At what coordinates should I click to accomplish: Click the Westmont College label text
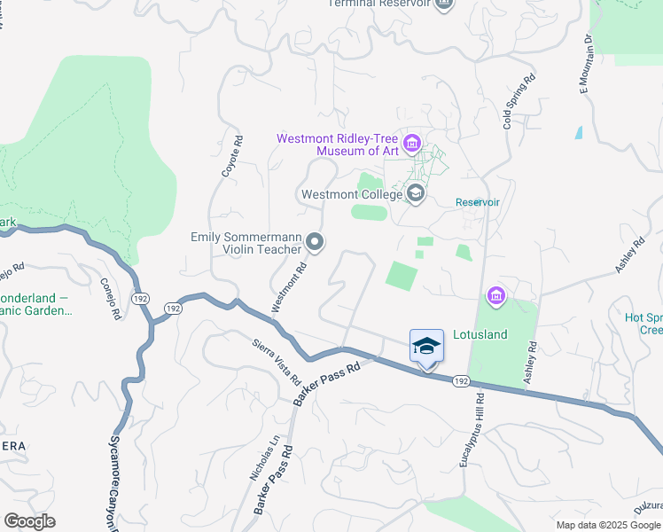(x=350, y=194)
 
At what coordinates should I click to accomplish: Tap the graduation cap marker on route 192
(x=426, y=346)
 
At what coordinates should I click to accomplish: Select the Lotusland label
(x=480, y=335)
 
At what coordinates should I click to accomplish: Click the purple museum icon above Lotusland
(x=495, y=295)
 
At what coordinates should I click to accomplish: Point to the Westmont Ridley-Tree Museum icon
(x=412, y=144)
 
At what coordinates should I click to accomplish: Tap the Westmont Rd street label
(x=289, y=286)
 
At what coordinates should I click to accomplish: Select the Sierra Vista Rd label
(x=277, y=361)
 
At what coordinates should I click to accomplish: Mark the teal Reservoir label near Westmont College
(x=478, y=202)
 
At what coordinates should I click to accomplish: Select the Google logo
(x=29, y=521)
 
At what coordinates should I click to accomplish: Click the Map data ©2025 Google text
(x=608, y=525)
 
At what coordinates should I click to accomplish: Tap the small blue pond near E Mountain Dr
(x=579, y=133)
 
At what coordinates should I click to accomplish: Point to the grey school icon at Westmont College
(x=415, y=192)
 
